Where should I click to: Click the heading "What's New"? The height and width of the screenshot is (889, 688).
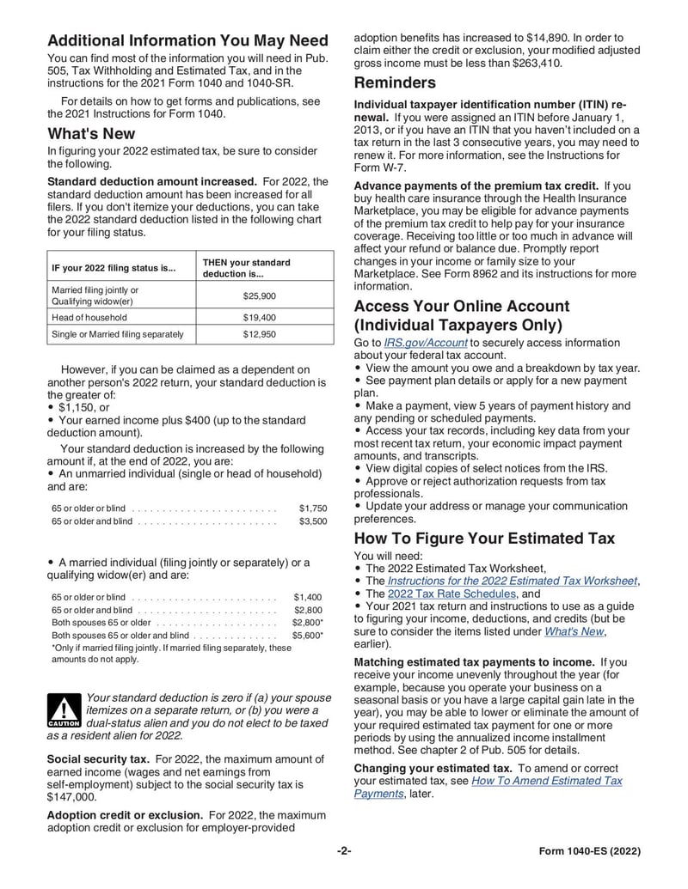click(91, 134)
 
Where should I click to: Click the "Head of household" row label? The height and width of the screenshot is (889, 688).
click(89, 317)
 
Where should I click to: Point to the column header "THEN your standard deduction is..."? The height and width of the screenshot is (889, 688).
click(246, 268)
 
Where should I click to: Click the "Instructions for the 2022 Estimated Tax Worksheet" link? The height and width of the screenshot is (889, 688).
click(513, 581)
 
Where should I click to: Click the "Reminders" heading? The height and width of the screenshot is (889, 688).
click(395, 83)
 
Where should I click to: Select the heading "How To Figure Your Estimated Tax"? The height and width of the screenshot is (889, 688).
click(484, 539)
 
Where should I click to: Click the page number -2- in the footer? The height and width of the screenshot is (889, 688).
click(344, 851)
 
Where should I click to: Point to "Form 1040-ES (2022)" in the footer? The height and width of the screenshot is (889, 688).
click(590, 851)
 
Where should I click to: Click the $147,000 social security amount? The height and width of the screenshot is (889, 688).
click(71, 796)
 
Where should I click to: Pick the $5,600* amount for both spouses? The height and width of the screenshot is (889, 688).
click(308, 636)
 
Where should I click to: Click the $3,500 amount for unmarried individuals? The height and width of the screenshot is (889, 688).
click(313, 521)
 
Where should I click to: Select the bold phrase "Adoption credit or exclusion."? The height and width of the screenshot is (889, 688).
click(125, 814)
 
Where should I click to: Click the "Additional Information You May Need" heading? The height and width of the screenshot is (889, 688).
click(187, 40)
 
